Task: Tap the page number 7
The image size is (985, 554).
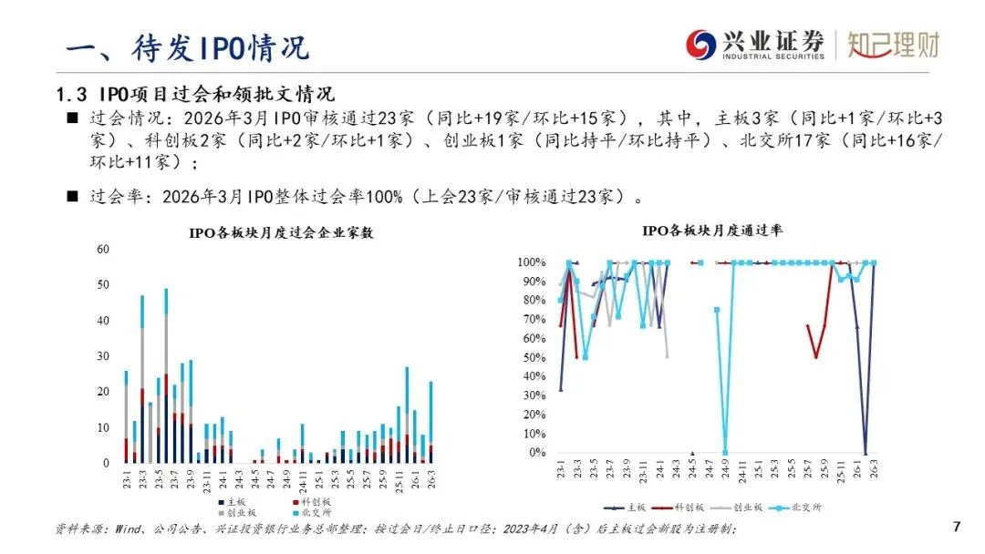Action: coord(956,527)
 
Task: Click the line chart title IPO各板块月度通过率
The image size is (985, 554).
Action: coord(711,231)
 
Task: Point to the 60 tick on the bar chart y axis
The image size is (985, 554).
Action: coord(103,250)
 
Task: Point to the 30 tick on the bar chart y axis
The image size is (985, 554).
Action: coord(103,356)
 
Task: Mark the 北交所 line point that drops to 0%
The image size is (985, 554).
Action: coord(725,452)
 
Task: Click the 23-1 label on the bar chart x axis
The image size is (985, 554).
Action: coord(127,479)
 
